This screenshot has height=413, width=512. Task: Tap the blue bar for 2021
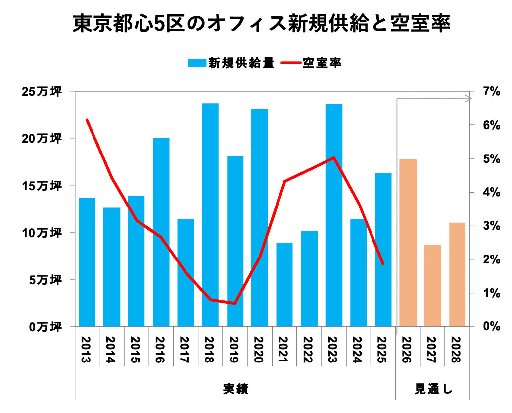284,284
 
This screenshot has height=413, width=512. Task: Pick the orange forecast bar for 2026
408,243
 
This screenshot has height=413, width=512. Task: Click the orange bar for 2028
458,274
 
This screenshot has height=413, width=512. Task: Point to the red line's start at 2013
87,120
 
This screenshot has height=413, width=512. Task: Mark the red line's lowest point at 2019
235,303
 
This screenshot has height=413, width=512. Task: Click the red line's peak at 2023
334,158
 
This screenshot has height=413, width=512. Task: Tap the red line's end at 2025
383,264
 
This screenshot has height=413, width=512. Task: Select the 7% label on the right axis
491,91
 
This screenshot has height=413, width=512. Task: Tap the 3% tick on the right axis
491,226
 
